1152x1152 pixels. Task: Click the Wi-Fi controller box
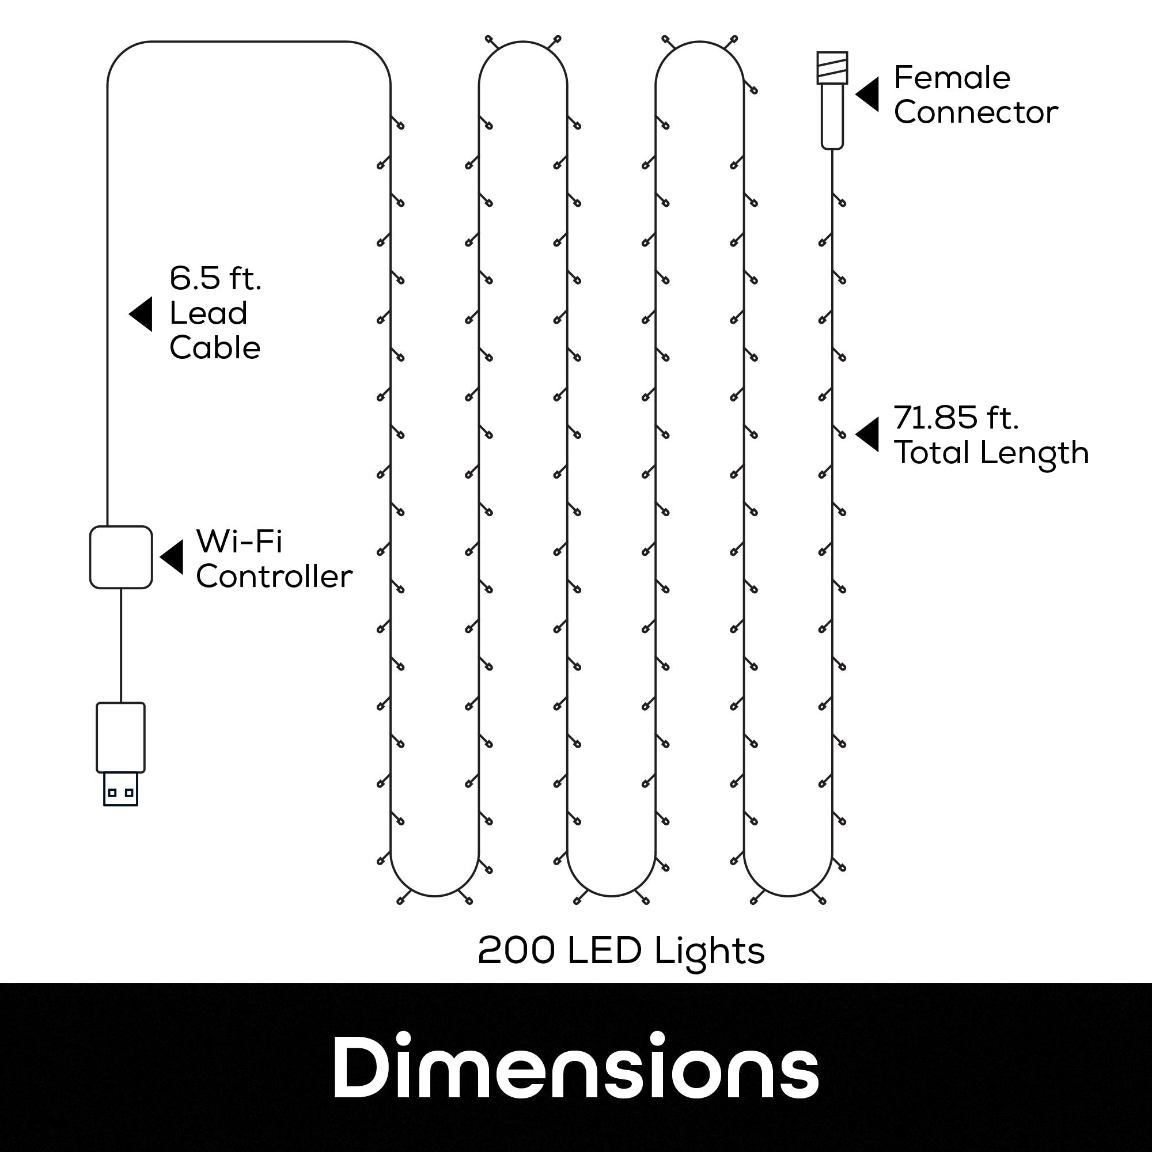point(121,557)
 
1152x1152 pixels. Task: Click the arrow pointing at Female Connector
point(867,94)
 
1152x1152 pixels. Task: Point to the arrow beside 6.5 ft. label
point(141,314)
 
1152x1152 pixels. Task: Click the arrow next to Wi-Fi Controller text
point(172,558)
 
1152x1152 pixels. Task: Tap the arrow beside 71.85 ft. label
point(867,434)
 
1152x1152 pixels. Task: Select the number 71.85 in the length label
point(935,418)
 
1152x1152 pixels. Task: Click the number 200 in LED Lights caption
point(516,950)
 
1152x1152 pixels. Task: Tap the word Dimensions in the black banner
point(575,1068)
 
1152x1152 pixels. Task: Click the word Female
point(952,78)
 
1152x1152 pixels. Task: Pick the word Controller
point(274,576)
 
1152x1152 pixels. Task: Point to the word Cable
point(215,348)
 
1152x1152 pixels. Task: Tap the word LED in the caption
point(604,950)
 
